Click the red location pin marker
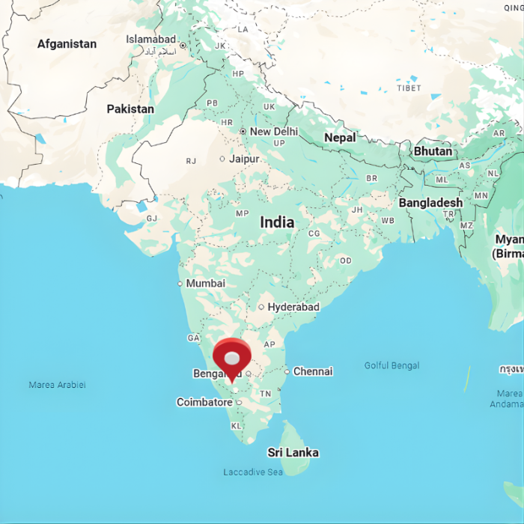232,359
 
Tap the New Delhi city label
273,131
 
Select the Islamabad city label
150,39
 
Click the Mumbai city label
205,284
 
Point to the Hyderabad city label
293,307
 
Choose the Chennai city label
313,371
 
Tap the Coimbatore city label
204,403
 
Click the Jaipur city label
244,159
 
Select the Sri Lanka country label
293,452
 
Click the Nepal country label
340,138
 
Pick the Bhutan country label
433,151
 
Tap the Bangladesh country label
430,203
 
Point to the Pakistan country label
130,109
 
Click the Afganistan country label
67,44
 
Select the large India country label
277,222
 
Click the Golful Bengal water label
392,365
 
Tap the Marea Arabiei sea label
57,385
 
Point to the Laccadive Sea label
253,472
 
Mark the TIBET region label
409,88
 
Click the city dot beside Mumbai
180,284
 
